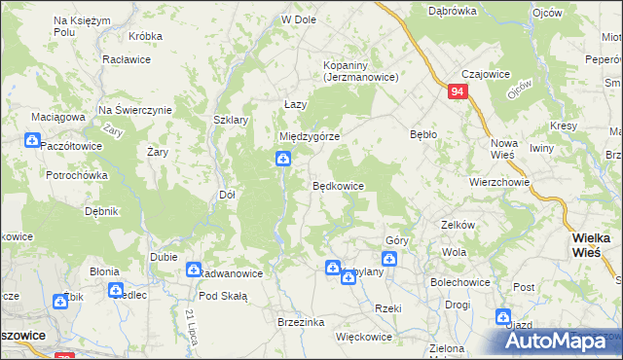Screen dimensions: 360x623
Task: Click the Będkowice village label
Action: click(338, 185)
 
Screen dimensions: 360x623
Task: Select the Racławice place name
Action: click(124, 58)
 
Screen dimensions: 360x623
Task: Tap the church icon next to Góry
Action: click(389, 259)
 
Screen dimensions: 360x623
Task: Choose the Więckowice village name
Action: click(363, 337)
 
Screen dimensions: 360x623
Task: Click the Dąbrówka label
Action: click(454, 11)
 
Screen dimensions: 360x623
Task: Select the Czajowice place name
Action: click(487, 74)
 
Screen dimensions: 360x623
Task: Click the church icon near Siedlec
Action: click(116, 290)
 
